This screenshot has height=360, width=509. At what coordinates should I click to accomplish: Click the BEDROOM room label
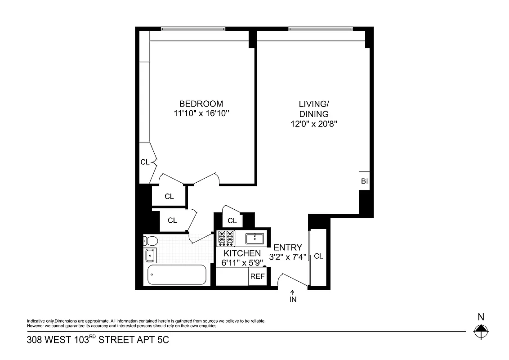point(201,103)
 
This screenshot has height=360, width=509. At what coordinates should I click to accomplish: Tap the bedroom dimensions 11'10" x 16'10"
point(201,114)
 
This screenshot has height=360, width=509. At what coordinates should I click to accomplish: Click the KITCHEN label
point(242,253)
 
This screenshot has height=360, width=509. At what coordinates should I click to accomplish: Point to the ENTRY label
point(288,247)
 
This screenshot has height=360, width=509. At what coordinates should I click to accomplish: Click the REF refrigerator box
point(257,276)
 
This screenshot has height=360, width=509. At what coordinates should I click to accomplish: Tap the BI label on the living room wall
point(364,181)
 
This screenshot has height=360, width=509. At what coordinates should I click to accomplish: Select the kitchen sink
point(254,238)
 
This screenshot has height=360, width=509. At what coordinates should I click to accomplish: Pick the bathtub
point(177,274)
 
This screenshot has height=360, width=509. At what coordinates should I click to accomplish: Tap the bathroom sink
point(150,255)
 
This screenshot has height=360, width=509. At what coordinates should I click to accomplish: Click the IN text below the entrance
point(293,299)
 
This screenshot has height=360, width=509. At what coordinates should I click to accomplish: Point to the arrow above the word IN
point(293,292)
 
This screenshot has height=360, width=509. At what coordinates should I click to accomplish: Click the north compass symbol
point(481,333)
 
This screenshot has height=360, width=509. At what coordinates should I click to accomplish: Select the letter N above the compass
point(481,317)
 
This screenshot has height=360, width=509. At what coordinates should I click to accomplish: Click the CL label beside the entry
point(318,256)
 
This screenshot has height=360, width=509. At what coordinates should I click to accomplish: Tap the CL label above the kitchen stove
point(232,220)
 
